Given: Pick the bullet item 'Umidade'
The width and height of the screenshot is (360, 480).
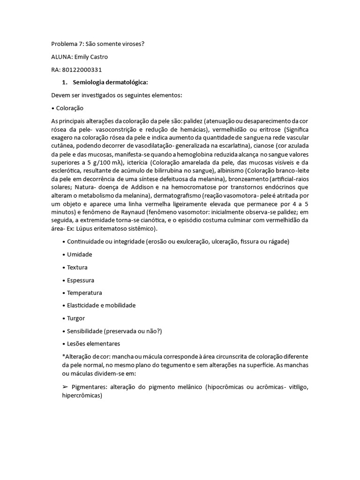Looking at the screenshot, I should pos(79,255).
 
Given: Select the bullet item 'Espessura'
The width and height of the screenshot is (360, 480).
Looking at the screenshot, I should pos(80,280).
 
